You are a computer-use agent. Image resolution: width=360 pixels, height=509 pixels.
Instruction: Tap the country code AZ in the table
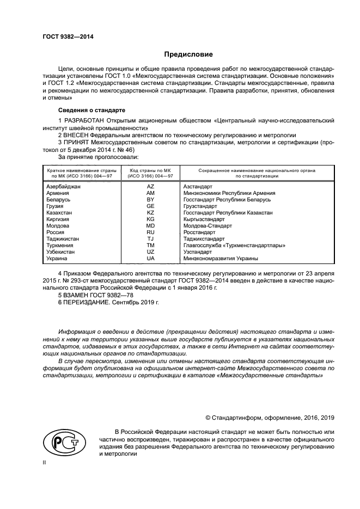tap(150, 187)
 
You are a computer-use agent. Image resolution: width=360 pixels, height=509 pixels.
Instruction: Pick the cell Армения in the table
tap(58, 193)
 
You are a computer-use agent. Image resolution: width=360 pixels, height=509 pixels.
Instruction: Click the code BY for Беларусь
tap(150, 200)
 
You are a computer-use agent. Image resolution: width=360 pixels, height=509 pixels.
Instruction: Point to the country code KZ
tap(150, 213)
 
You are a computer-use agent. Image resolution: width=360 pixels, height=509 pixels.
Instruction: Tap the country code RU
tap(150, 232)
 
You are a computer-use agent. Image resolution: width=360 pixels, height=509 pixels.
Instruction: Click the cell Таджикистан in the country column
tap(63, 239)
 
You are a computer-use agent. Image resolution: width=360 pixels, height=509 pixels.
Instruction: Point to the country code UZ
tap(150, 252)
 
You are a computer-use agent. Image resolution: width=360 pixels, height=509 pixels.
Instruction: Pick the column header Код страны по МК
tap(150, 173)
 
